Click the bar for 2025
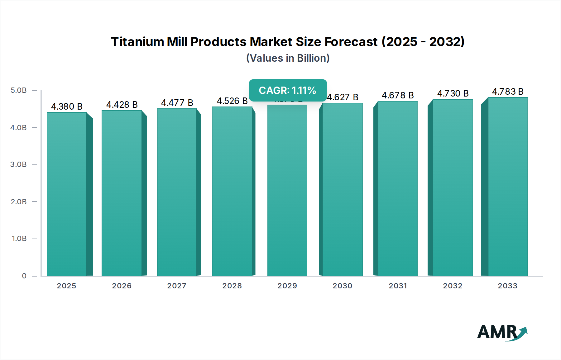coord(66,194)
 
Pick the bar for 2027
coord(177,192)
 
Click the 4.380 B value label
coord(67,107)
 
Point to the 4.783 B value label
coord(508,92)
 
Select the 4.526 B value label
coord(232,101)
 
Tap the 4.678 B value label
coord(398,95)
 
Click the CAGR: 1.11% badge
coord(288,90)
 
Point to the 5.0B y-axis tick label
coord(19,90)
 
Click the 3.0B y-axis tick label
coord(19,164)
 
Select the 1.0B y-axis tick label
coord(19,239)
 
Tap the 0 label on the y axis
coord(24,276)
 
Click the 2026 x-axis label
coord(122,286)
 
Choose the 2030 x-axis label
coord(342,286)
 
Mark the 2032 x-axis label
coord(453,286)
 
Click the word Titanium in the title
coord(137,42)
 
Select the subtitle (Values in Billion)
coord(288,58)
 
